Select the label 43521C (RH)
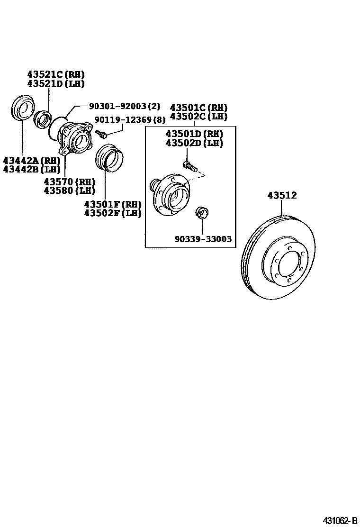point(55,74)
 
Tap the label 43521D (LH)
point(55,83)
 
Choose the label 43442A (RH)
point(31,161)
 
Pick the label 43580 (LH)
point(69,191)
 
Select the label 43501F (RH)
point(113,204)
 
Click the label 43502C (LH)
point(198,117)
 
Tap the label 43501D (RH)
point(194,134)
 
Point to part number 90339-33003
point(203,239)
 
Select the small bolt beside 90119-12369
point(101,134)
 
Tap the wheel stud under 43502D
point(188,165)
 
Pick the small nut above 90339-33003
point(201,211)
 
